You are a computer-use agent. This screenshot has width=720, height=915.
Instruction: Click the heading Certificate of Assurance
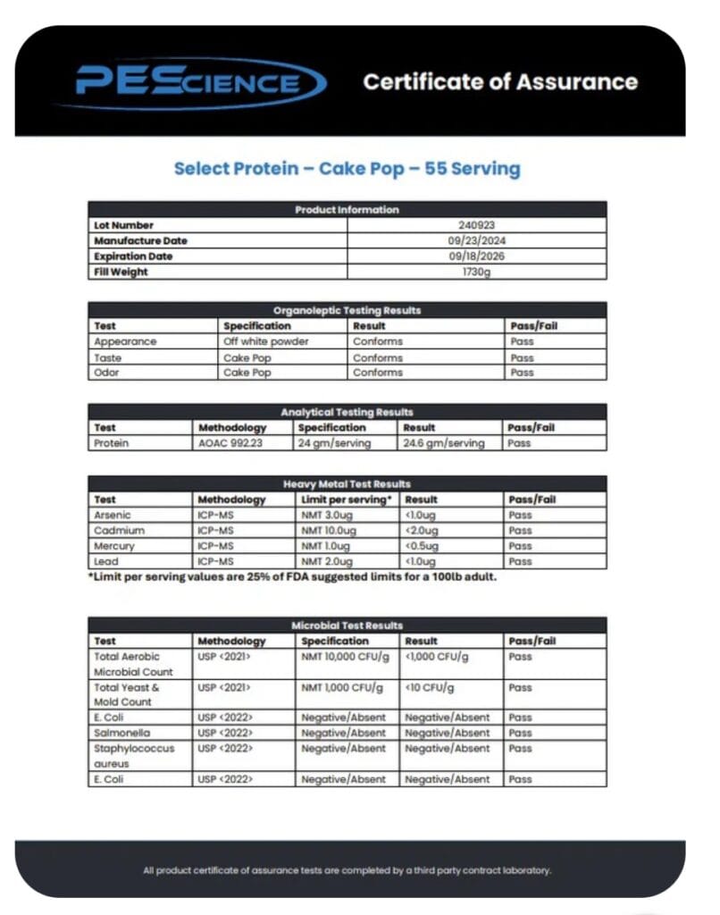pos(500,82)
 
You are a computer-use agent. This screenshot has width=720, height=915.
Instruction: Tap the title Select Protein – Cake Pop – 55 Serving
pos(347,168)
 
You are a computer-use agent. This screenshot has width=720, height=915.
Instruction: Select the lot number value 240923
pos(476,225)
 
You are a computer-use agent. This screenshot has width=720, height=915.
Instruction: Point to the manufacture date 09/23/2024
pos(476,240)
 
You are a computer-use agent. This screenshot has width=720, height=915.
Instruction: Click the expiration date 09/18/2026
pos(476,256)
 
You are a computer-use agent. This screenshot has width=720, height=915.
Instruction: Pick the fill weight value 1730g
pos(476,272)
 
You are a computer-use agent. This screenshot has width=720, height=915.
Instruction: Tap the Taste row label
pos(107,357)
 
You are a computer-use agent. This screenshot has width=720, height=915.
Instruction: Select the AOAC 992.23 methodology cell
pos(230,443)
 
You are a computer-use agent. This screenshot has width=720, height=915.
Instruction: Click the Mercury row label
pos(114,546)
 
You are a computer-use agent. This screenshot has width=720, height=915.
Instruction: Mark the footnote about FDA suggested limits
pos(292,577)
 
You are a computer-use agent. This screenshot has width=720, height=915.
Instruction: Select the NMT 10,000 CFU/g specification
pos(346,657)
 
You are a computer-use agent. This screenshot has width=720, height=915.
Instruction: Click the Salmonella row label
pos(121,733)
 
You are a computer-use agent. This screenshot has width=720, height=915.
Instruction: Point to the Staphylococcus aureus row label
pos(134,756)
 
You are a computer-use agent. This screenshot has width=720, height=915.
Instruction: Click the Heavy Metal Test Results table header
pos(347,483)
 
